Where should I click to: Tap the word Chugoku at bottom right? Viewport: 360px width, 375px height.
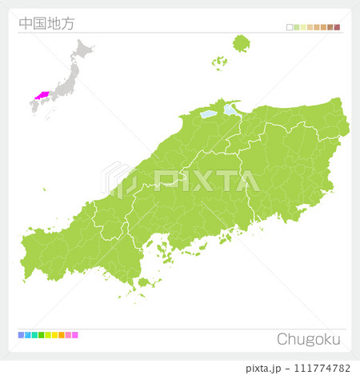[308, 338]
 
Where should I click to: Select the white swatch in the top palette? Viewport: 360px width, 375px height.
[290, 27]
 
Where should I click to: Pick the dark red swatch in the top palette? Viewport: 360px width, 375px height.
[337, 27]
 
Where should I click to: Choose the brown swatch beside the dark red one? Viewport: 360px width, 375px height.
[330, 27]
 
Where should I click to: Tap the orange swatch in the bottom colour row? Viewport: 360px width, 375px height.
[62, 335]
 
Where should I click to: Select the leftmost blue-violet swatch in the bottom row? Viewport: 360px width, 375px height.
[21, 335]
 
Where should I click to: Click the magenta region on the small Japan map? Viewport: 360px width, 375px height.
[40, 94]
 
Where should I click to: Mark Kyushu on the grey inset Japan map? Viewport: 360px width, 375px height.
[36, 108]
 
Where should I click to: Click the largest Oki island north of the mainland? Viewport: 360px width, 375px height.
[241, 42]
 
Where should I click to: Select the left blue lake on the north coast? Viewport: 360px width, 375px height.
[208, 114]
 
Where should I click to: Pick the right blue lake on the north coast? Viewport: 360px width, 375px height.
[230, 109]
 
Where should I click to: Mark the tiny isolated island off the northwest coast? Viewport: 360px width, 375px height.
[44, 189]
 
